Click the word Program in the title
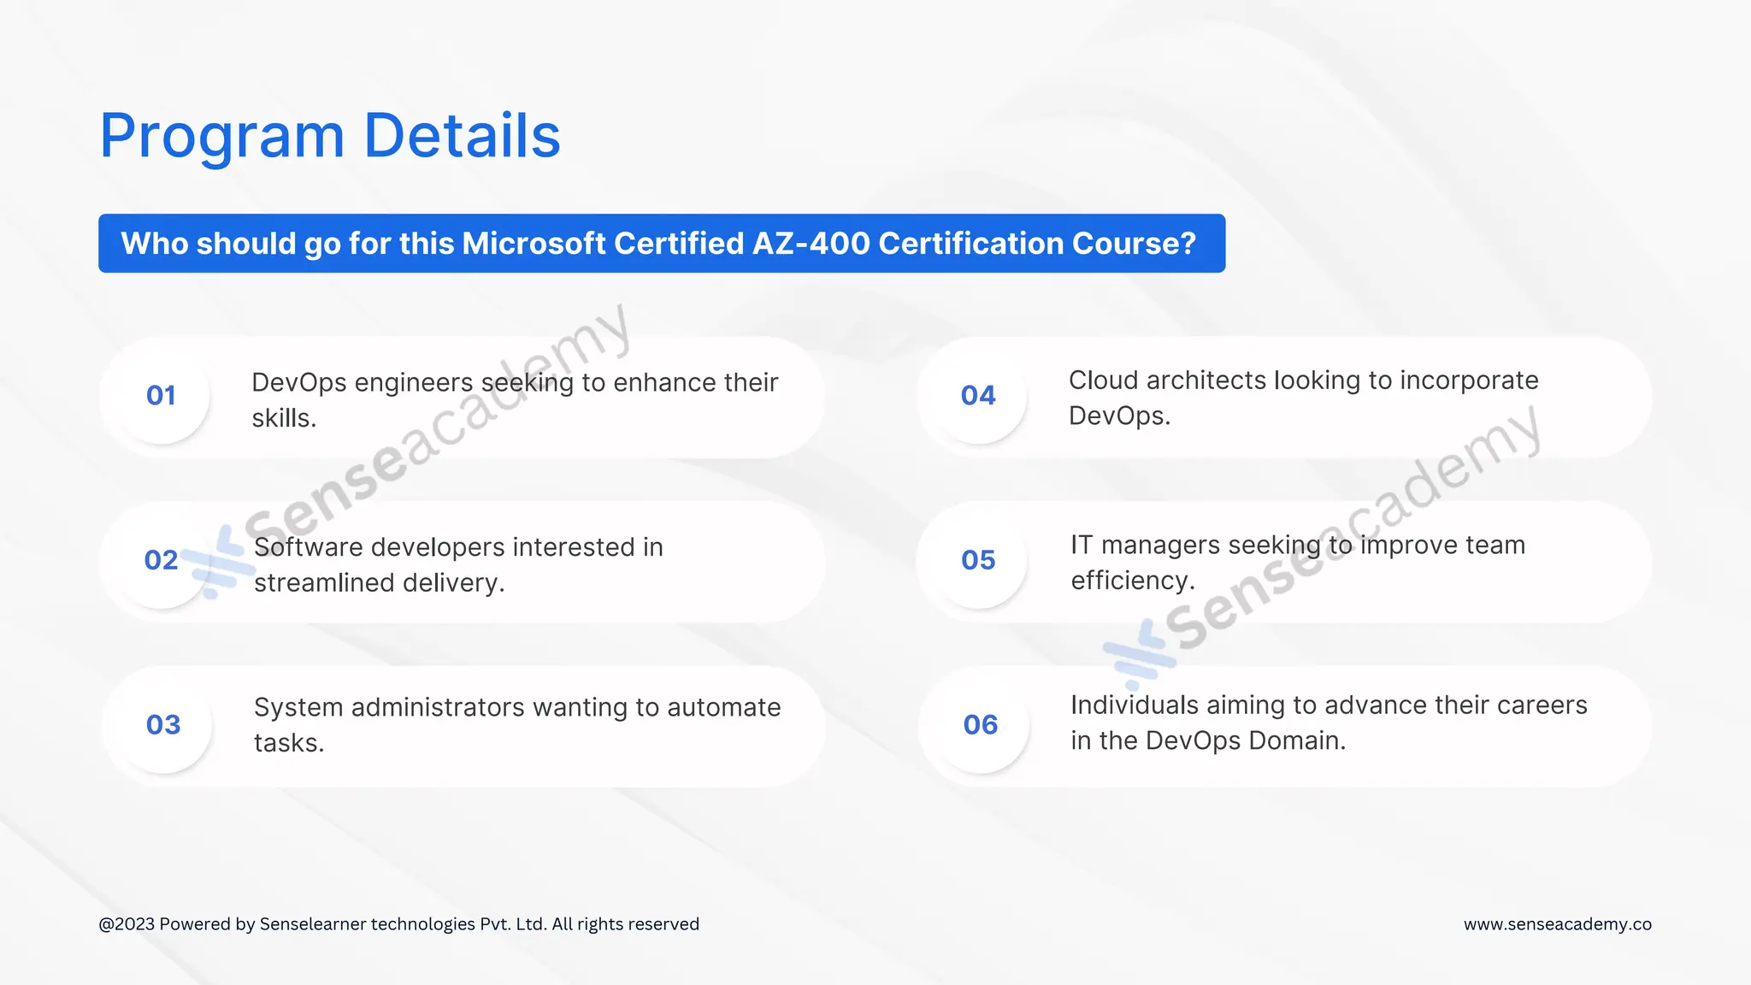[x=221, y=137]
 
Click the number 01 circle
[x=161, y=395]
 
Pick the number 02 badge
[x=161, y=560]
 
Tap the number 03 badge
[x=162, y=725]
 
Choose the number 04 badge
[x=978, y=395]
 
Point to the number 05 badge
[x=978, y=560]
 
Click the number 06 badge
[x=980, y=725]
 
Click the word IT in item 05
[x=1082, y=545]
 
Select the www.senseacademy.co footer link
[x=1557, y=924]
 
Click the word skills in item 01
[x=283, y=418]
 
